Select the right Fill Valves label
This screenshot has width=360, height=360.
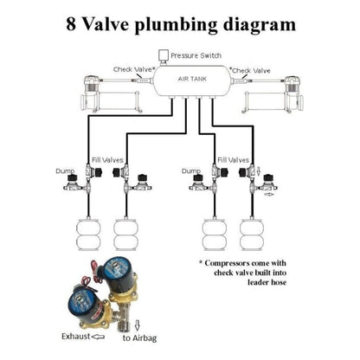[x=234, y=161]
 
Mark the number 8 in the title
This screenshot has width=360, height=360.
[x=70, y=22]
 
